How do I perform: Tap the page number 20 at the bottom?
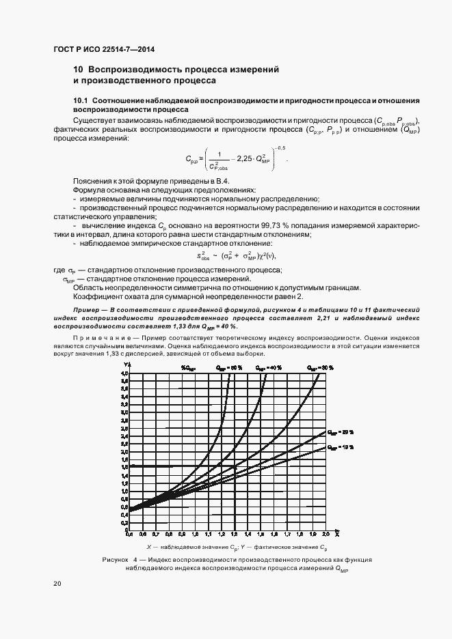tap(57, 584)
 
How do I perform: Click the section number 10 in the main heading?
tap(78, 70)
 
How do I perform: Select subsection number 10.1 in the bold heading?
tap(82, 101)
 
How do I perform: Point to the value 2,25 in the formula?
tap(243, 159)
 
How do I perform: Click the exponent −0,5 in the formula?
tap(280, 147)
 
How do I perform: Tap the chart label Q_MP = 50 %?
tap(230, 367)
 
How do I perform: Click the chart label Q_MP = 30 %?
tap(320, 367)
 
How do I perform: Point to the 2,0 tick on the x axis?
tap(325, 534)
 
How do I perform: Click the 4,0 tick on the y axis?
tap(124, 373)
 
